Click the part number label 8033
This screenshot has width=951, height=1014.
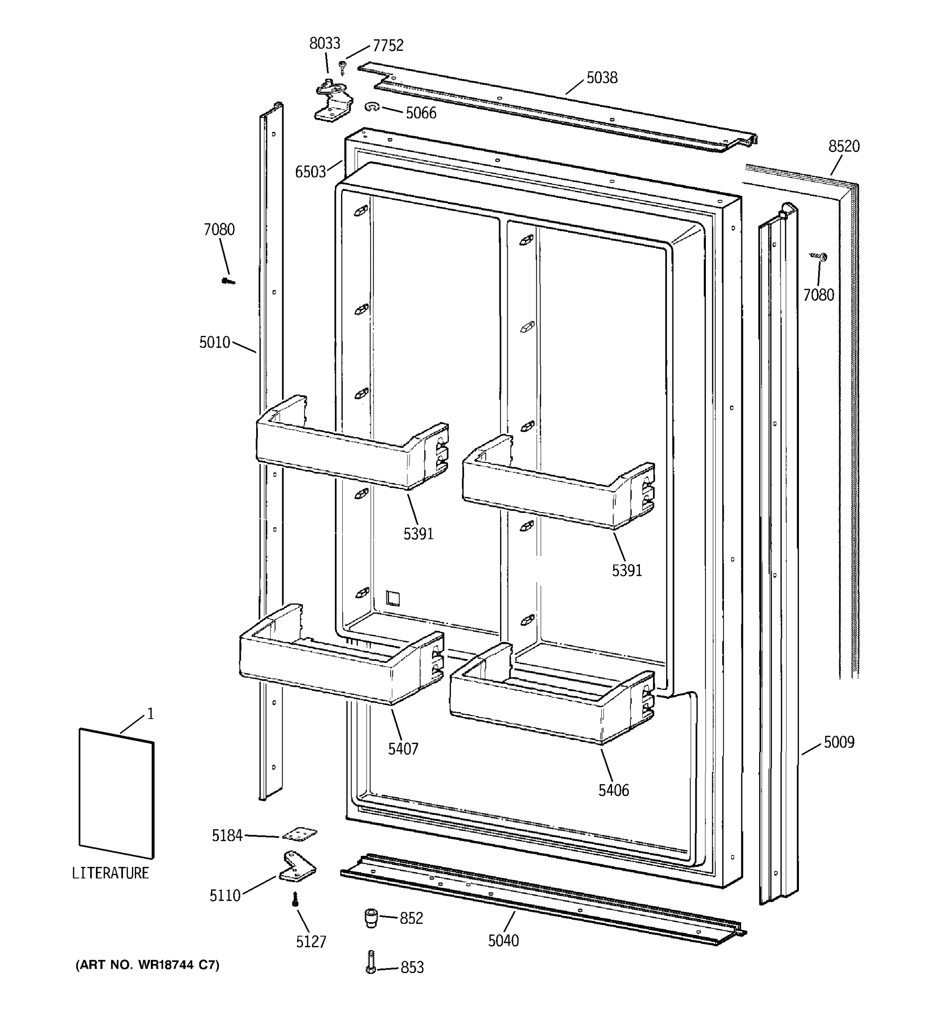pos(325,44)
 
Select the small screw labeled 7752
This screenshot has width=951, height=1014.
pos(342,66)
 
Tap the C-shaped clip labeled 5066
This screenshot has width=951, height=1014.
pos(372,107)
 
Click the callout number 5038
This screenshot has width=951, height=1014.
pos(601,78)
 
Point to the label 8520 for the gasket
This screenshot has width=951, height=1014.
pos(843,146)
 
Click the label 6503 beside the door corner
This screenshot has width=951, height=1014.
pos(310,172)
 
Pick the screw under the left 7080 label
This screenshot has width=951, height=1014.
pos(228,281)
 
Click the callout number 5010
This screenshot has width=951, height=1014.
pos(214,342)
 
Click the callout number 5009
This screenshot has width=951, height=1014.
pos(839,742)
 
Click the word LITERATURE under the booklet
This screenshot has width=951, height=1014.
pos(110,873)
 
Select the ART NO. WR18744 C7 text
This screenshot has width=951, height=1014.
pos(148,965)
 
